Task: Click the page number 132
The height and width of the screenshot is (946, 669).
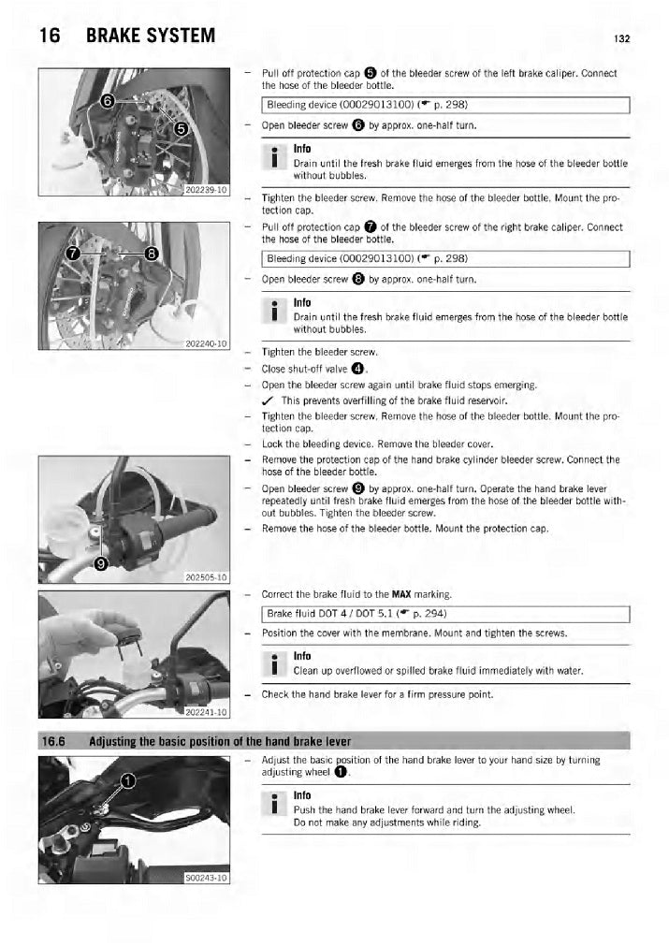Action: click(621, 38)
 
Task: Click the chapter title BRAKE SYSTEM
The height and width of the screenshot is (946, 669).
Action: click(151, 36)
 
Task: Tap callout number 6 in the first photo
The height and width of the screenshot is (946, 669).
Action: click(107, 101)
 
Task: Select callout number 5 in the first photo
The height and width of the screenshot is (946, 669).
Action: click(182, 129)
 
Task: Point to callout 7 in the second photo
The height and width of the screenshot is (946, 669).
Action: click(73, 254)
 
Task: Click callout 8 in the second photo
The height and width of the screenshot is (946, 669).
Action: click(152, 254)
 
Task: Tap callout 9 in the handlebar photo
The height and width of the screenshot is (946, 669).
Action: click(101, 563)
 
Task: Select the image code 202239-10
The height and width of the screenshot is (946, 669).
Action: click(206, 190)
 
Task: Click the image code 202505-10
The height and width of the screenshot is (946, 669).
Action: click(206, 577)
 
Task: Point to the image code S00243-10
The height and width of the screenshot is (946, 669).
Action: click(206, 878)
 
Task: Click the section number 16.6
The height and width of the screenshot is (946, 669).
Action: click(53, 741)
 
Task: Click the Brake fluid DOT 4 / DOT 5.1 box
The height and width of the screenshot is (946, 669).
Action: click(445, 614)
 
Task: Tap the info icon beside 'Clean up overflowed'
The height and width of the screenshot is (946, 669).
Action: click(274, 663)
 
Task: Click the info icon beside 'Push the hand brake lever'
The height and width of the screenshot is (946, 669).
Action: click(274, 803)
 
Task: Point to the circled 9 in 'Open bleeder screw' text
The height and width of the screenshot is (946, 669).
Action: click(358, 488)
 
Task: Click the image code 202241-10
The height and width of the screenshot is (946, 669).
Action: click(206, 712)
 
